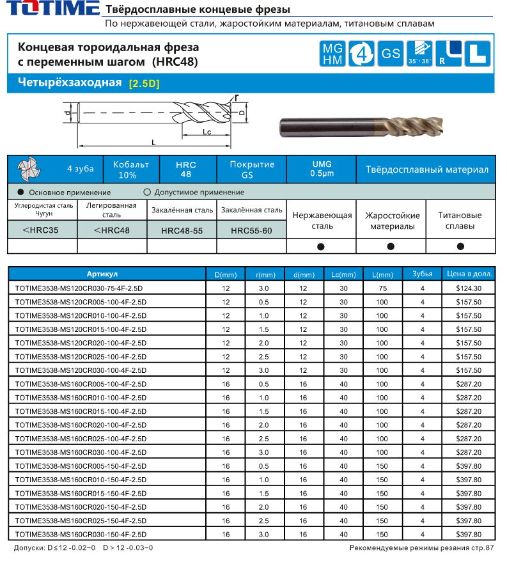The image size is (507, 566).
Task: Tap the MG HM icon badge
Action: tap(332, 54)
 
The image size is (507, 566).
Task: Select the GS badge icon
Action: tap(390, 54)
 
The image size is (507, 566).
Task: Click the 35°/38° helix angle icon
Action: tap(419, 54)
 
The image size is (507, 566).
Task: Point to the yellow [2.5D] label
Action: tap(144, 84)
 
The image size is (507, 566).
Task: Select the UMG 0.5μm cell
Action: tap(320, 169)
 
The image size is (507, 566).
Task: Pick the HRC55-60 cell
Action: tap(251, 230)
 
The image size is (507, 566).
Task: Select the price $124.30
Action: tap(469, 288)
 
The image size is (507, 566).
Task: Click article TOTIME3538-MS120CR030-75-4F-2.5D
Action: tap(79, 288)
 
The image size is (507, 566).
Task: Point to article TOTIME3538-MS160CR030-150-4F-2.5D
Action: tap(81, 534)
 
